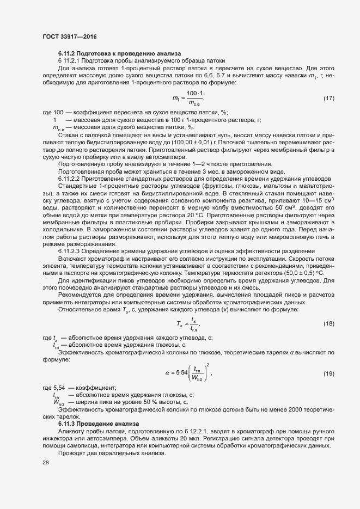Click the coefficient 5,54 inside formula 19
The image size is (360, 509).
point(180,373)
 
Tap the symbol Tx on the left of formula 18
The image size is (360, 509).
point(180,324)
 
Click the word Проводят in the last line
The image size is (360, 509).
point(71,453)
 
